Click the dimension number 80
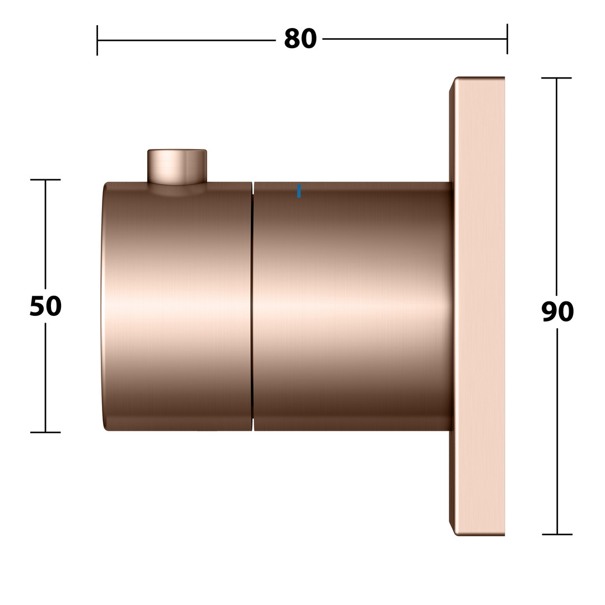[300, 39]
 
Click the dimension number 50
[45, 306]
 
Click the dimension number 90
[557, 311]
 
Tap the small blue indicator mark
[299, 192]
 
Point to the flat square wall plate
[477, 306]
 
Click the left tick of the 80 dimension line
[97, 40]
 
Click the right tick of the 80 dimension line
[507, 39]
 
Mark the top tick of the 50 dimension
[45, 180]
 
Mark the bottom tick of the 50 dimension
[45, 432]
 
